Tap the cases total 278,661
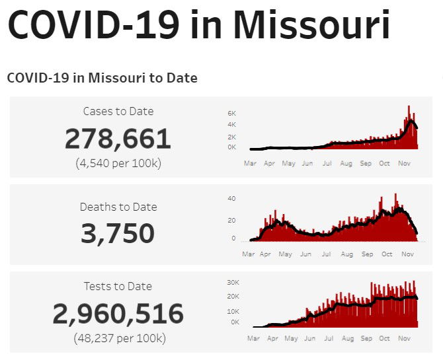(x=118, y=139)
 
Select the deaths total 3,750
(x=118, y=234)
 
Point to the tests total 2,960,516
(x=118, y=314)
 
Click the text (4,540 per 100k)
(x=118, y=162)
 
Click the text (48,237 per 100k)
(x=118, y=338)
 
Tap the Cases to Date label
(x=118, y=111)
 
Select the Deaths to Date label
(x=118, y=207)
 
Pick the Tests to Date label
(x=118, y=286)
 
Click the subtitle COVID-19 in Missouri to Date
(x=102, y=78)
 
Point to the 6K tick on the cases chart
(x=231, y=113)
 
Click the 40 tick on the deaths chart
(x=231, y=198)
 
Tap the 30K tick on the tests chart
(x=233, y=282)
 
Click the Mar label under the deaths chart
(x=248, y=254)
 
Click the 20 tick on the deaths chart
(x=231, y=221)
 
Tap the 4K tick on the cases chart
(x=231, y=125)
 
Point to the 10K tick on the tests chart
(x=233, y=311)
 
